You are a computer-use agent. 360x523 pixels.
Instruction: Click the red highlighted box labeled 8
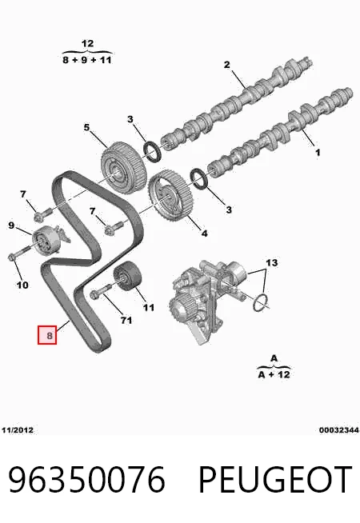(47, 334)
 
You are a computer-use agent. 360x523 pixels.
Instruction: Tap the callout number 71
(126, 320)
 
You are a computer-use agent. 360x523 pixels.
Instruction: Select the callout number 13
(271, 263)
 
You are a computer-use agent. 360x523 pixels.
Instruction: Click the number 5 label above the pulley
(86, 127)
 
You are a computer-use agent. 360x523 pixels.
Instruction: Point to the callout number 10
(22, 285)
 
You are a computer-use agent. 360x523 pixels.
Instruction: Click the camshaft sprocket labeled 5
(122, 170)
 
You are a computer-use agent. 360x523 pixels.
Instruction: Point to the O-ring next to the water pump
(260, 301)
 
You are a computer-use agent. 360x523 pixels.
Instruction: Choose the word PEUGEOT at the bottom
(275, 480)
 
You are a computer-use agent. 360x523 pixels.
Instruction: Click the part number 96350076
(86, 480)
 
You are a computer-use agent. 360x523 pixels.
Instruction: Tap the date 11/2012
(18, 430)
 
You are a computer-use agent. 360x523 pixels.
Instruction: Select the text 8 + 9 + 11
(87, 60)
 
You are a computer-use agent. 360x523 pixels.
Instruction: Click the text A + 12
(274, 374)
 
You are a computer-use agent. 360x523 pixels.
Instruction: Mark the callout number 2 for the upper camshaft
(227, 65)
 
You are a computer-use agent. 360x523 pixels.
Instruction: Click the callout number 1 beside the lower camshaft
(318, 153)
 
